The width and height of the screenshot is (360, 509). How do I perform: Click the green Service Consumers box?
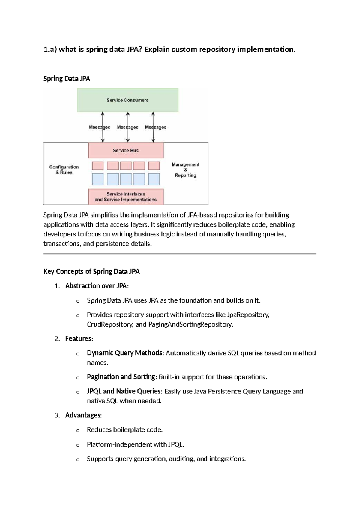tap(128, 100)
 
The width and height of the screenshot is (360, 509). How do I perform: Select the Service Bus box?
tap(126, 150)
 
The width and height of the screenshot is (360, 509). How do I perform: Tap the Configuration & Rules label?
tap(64, 170)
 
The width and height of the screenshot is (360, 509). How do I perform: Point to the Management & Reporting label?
tap(185, 170)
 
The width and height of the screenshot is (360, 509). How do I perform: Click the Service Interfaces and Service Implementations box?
tap(126, 197)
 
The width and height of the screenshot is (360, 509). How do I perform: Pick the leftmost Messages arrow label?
tap(99, 127)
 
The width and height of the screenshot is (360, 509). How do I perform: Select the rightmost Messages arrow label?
tap(156, 127)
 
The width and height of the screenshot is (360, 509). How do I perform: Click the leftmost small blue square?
tap(98, 179)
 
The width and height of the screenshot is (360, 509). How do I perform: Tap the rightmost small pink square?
tap(154, 166)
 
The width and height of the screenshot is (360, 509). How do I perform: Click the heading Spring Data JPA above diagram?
tap(67, 79)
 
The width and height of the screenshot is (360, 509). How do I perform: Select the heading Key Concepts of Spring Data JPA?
tap(91, 272)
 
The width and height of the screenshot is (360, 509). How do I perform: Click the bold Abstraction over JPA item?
tap(96, 286)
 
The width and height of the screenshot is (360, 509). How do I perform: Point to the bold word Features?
tap(78, 339)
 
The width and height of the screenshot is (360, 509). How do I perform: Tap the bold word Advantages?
tap(83, 415)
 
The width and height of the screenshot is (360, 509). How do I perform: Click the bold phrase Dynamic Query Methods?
tap(125, 353)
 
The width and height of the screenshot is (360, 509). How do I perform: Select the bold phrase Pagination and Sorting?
tap(121, 377)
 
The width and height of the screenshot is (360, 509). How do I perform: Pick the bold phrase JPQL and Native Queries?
tap(124, 391)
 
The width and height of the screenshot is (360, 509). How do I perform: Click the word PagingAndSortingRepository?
tap(190, 324)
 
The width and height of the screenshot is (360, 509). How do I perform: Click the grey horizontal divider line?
tap(180, 254)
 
